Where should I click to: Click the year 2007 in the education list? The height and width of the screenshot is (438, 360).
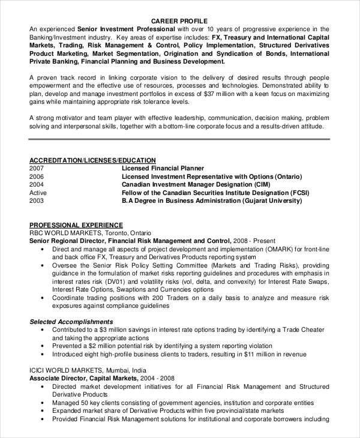pos(37,168)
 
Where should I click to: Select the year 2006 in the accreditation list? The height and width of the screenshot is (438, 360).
pos(37,176)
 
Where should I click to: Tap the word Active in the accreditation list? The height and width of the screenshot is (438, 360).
pos(38,193)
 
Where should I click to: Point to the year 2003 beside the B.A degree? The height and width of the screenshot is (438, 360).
pos(37,202)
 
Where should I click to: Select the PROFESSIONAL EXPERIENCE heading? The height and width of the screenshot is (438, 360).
pos(72,222)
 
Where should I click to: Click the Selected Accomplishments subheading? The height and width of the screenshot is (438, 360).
pos(71,321)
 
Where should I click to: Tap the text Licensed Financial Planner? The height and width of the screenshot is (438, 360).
pos(163,168)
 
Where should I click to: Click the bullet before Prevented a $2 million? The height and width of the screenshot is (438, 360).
pos(42,346)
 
